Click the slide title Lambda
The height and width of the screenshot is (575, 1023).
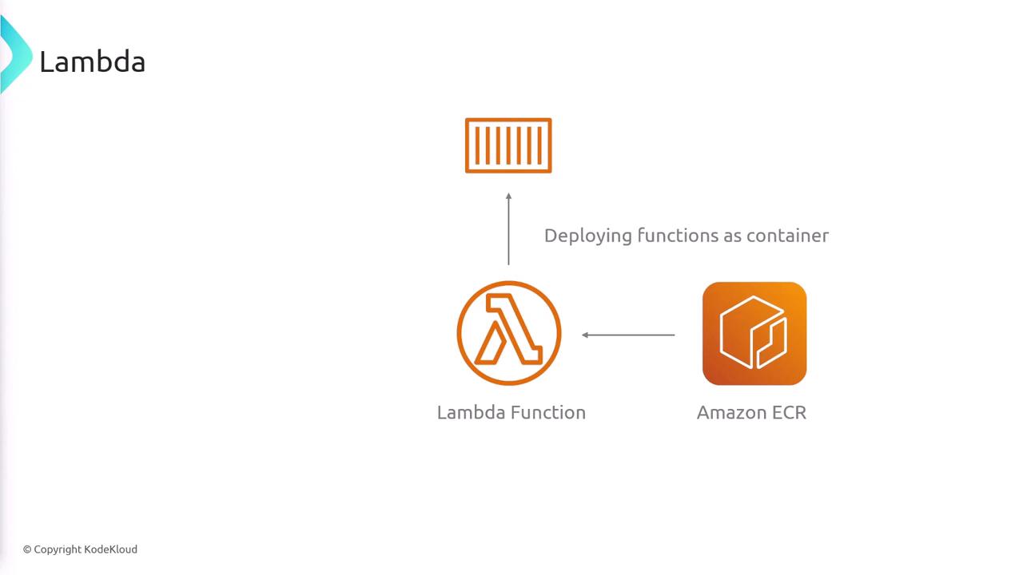pyautogui.click(x=93, y=61)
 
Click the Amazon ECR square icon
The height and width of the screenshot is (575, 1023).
pyautogui.click(x=754, y=334)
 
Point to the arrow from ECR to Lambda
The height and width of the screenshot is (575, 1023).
pyautogui.click(x=628, y=335)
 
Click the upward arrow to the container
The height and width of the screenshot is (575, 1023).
pyautogui.click(x=509, y=228)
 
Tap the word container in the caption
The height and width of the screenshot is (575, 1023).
pyautogui.click(x=787, y=236)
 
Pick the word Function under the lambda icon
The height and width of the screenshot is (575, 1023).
pyautogui.click(x=548, y=413)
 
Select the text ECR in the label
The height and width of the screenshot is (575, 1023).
pyautogui.click(x=789, y=413)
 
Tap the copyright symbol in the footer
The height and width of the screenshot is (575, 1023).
pyautogui.click(x=27, y=550)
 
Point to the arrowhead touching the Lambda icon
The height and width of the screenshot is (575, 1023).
pyautogui.click(x=584, y=335)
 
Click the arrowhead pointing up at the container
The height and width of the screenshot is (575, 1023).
pyautogui.click(x=509, y=196)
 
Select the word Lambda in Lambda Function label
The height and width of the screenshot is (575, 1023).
pyautogui.click(x=471, y=413)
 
